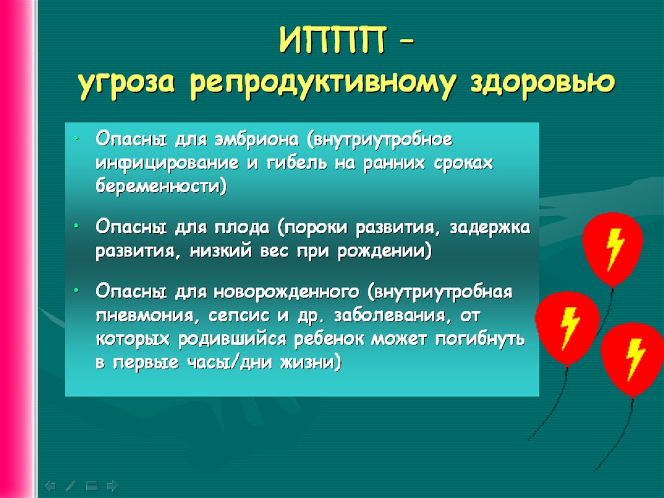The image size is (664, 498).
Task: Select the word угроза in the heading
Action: click(126, 84)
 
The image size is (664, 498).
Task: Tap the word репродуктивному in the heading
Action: click(322, 84)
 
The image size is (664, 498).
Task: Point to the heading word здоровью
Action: click(542, 83)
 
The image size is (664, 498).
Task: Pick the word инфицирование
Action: click(167, 164)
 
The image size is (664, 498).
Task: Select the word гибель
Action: click(297, 163)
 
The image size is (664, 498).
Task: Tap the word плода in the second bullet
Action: click(242, 228)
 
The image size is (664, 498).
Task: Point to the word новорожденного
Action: click(287, 292)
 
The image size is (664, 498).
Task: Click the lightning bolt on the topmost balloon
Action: click(615, 249)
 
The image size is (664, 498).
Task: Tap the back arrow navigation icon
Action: click(49, 486)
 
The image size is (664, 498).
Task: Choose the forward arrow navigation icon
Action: click(112, 486)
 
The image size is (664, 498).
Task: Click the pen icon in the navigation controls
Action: click(71, 486)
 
